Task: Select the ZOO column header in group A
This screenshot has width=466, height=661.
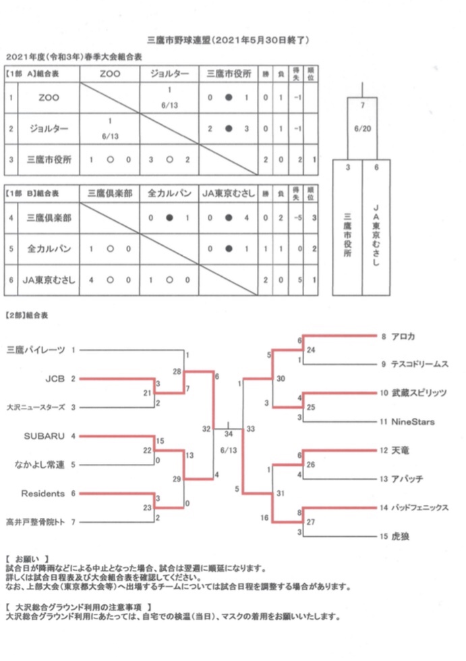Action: tap(109, 73)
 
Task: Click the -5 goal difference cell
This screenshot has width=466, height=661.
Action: tap(297, 217)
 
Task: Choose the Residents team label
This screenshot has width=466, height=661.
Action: tap(43, 494)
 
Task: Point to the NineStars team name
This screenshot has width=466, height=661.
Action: tap(413, 422)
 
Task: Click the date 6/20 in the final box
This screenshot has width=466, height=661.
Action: tap(363, 128)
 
